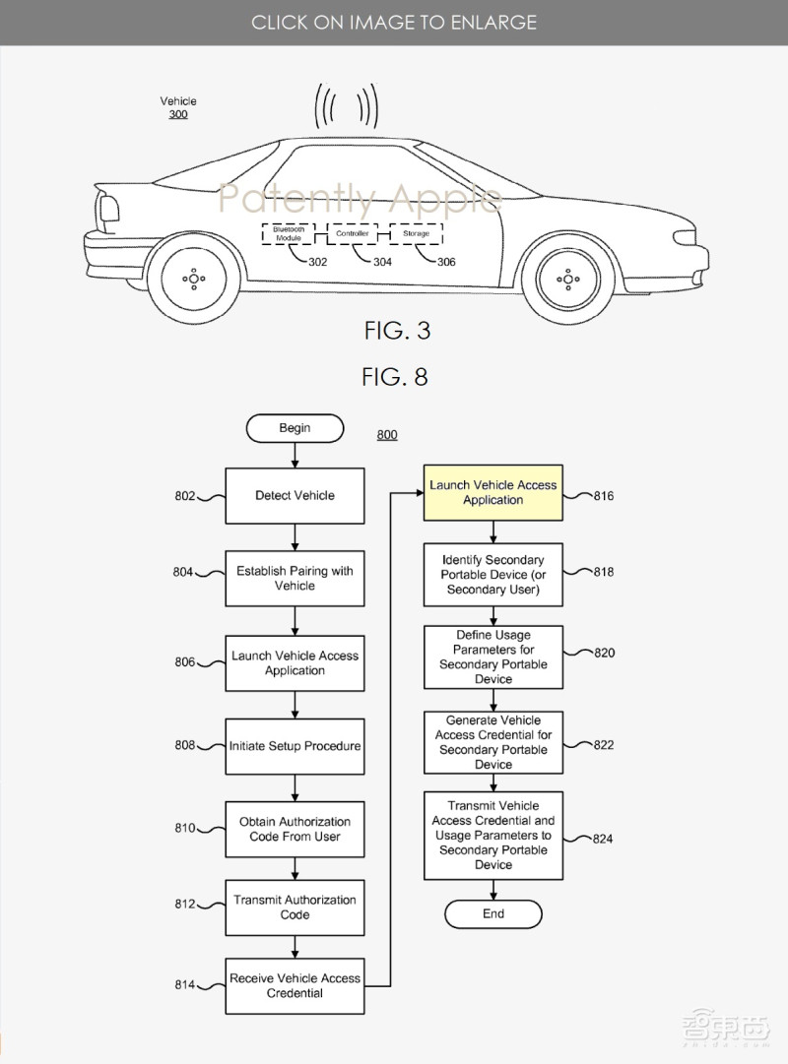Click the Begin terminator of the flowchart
click(295, 428)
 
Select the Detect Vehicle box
click(295, 495)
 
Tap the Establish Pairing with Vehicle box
click(295, 579)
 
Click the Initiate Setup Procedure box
click(295, 746)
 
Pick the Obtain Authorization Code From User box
click(295, 829)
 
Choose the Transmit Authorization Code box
click(295, 907)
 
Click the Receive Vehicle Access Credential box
click(295, 985)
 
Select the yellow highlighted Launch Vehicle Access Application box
click(492, 492)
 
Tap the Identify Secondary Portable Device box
click(492, 575)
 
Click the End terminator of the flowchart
click(492, 913)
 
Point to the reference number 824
click(603, 839)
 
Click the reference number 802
click(185, 496)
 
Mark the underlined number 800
click(387, 434)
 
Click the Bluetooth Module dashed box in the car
click(288, 234)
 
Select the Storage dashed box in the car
click(416, 234)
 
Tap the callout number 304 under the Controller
click(382, 262)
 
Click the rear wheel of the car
click(194, 279)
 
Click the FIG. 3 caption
click(397, 331)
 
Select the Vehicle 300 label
click(178, 107)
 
